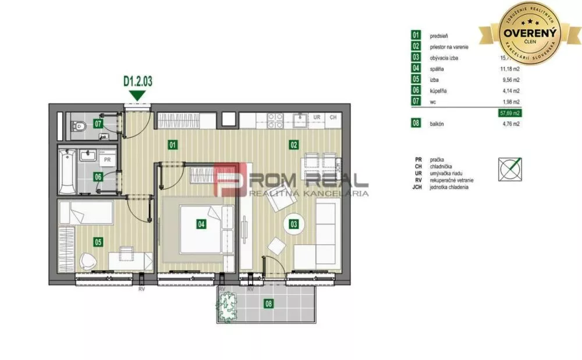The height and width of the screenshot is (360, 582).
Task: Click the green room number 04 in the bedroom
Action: pos(201,223)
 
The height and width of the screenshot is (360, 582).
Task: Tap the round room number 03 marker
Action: pos(293,223)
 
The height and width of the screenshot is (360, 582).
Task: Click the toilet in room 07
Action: pos(79,126)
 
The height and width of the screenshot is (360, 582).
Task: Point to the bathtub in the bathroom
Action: pos(66,172)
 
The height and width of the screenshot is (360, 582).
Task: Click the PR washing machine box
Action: pos(107,159)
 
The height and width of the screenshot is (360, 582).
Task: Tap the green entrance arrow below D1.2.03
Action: pos(138,95)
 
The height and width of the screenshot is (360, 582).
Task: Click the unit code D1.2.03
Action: pos(138,81)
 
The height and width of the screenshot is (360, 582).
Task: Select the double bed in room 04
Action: pos(206,229)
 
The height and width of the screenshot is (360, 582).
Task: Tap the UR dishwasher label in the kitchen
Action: pos(317,117)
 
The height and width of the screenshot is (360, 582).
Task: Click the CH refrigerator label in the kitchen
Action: pos(333,117)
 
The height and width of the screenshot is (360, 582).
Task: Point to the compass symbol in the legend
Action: pos(510,168)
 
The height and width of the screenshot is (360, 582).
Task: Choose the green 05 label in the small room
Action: pos(98,241)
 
